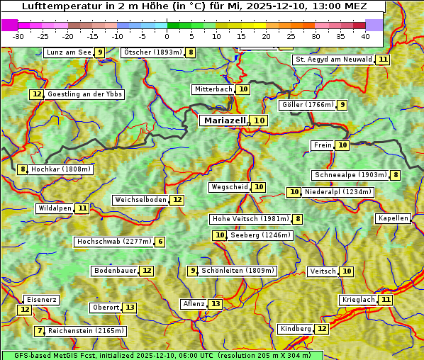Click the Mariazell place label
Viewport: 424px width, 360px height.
pos(224,121)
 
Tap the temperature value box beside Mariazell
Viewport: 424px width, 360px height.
pos(260,121)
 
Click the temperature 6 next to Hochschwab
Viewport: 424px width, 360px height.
pos(161,242)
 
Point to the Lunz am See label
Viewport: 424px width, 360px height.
pos(69,52)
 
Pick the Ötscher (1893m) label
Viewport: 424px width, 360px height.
pos(152,52)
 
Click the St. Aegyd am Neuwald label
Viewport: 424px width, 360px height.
pos(333,60)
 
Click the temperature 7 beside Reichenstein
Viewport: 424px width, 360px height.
pos(40,331)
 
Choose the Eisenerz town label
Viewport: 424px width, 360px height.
pos(41,300)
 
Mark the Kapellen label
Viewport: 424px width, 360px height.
pos(393,218)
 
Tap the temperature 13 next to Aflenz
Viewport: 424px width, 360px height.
pos(216,304)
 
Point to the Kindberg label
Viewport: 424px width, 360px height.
pos(296,329)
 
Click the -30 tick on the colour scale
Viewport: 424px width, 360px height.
pos(18,35)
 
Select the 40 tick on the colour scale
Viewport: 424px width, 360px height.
pos(365,35)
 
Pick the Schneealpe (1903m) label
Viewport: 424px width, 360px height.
pos(350,175)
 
